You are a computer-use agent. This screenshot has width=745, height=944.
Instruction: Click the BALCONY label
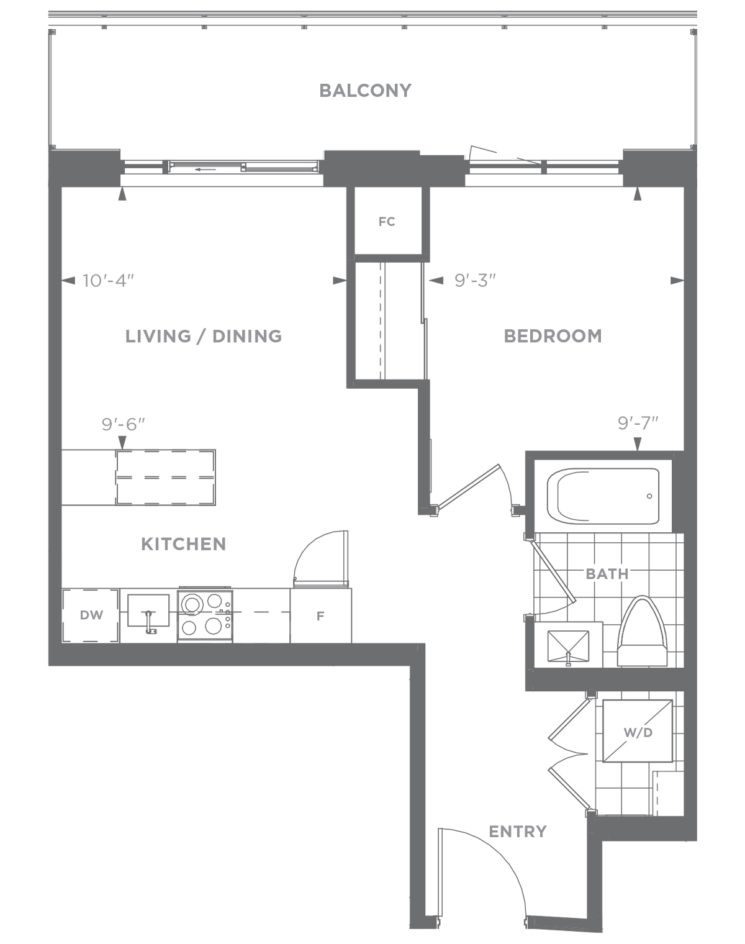(x=365, y=91)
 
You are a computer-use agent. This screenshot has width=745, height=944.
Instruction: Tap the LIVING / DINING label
(x=204, y=337)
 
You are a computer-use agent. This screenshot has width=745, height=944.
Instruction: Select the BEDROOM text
(x=553, y=336)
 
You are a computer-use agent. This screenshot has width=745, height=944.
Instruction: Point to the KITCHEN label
(x=183, y=545)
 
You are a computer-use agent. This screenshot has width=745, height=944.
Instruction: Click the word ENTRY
(x=518, y=832)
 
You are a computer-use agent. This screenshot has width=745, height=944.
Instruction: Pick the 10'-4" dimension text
(x=108, y=281)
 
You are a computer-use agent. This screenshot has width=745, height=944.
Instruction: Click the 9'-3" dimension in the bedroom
(x=476, y=281)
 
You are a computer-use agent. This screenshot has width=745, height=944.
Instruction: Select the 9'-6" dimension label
(x=123, y=425)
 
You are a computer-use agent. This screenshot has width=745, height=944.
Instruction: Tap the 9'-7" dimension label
(x=638, y=423)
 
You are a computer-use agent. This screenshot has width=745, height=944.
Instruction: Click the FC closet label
(x=387, y=222)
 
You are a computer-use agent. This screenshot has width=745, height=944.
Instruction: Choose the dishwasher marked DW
(x=91, y=616)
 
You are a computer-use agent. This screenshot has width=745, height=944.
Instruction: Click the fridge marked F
(x=320, y=616)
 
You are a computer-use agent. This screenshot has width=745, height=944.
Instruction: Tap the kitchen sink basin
(x=148, y=610)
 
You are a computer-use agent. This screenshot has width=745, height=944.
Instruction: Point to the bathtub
(x=603, y=496)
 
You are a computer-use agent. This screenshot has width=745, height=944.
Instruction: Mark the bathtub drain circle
(x=649, y=496)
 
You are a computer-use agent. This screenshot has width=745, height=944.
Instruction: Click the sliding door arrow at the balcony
(x=205, y=170)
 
